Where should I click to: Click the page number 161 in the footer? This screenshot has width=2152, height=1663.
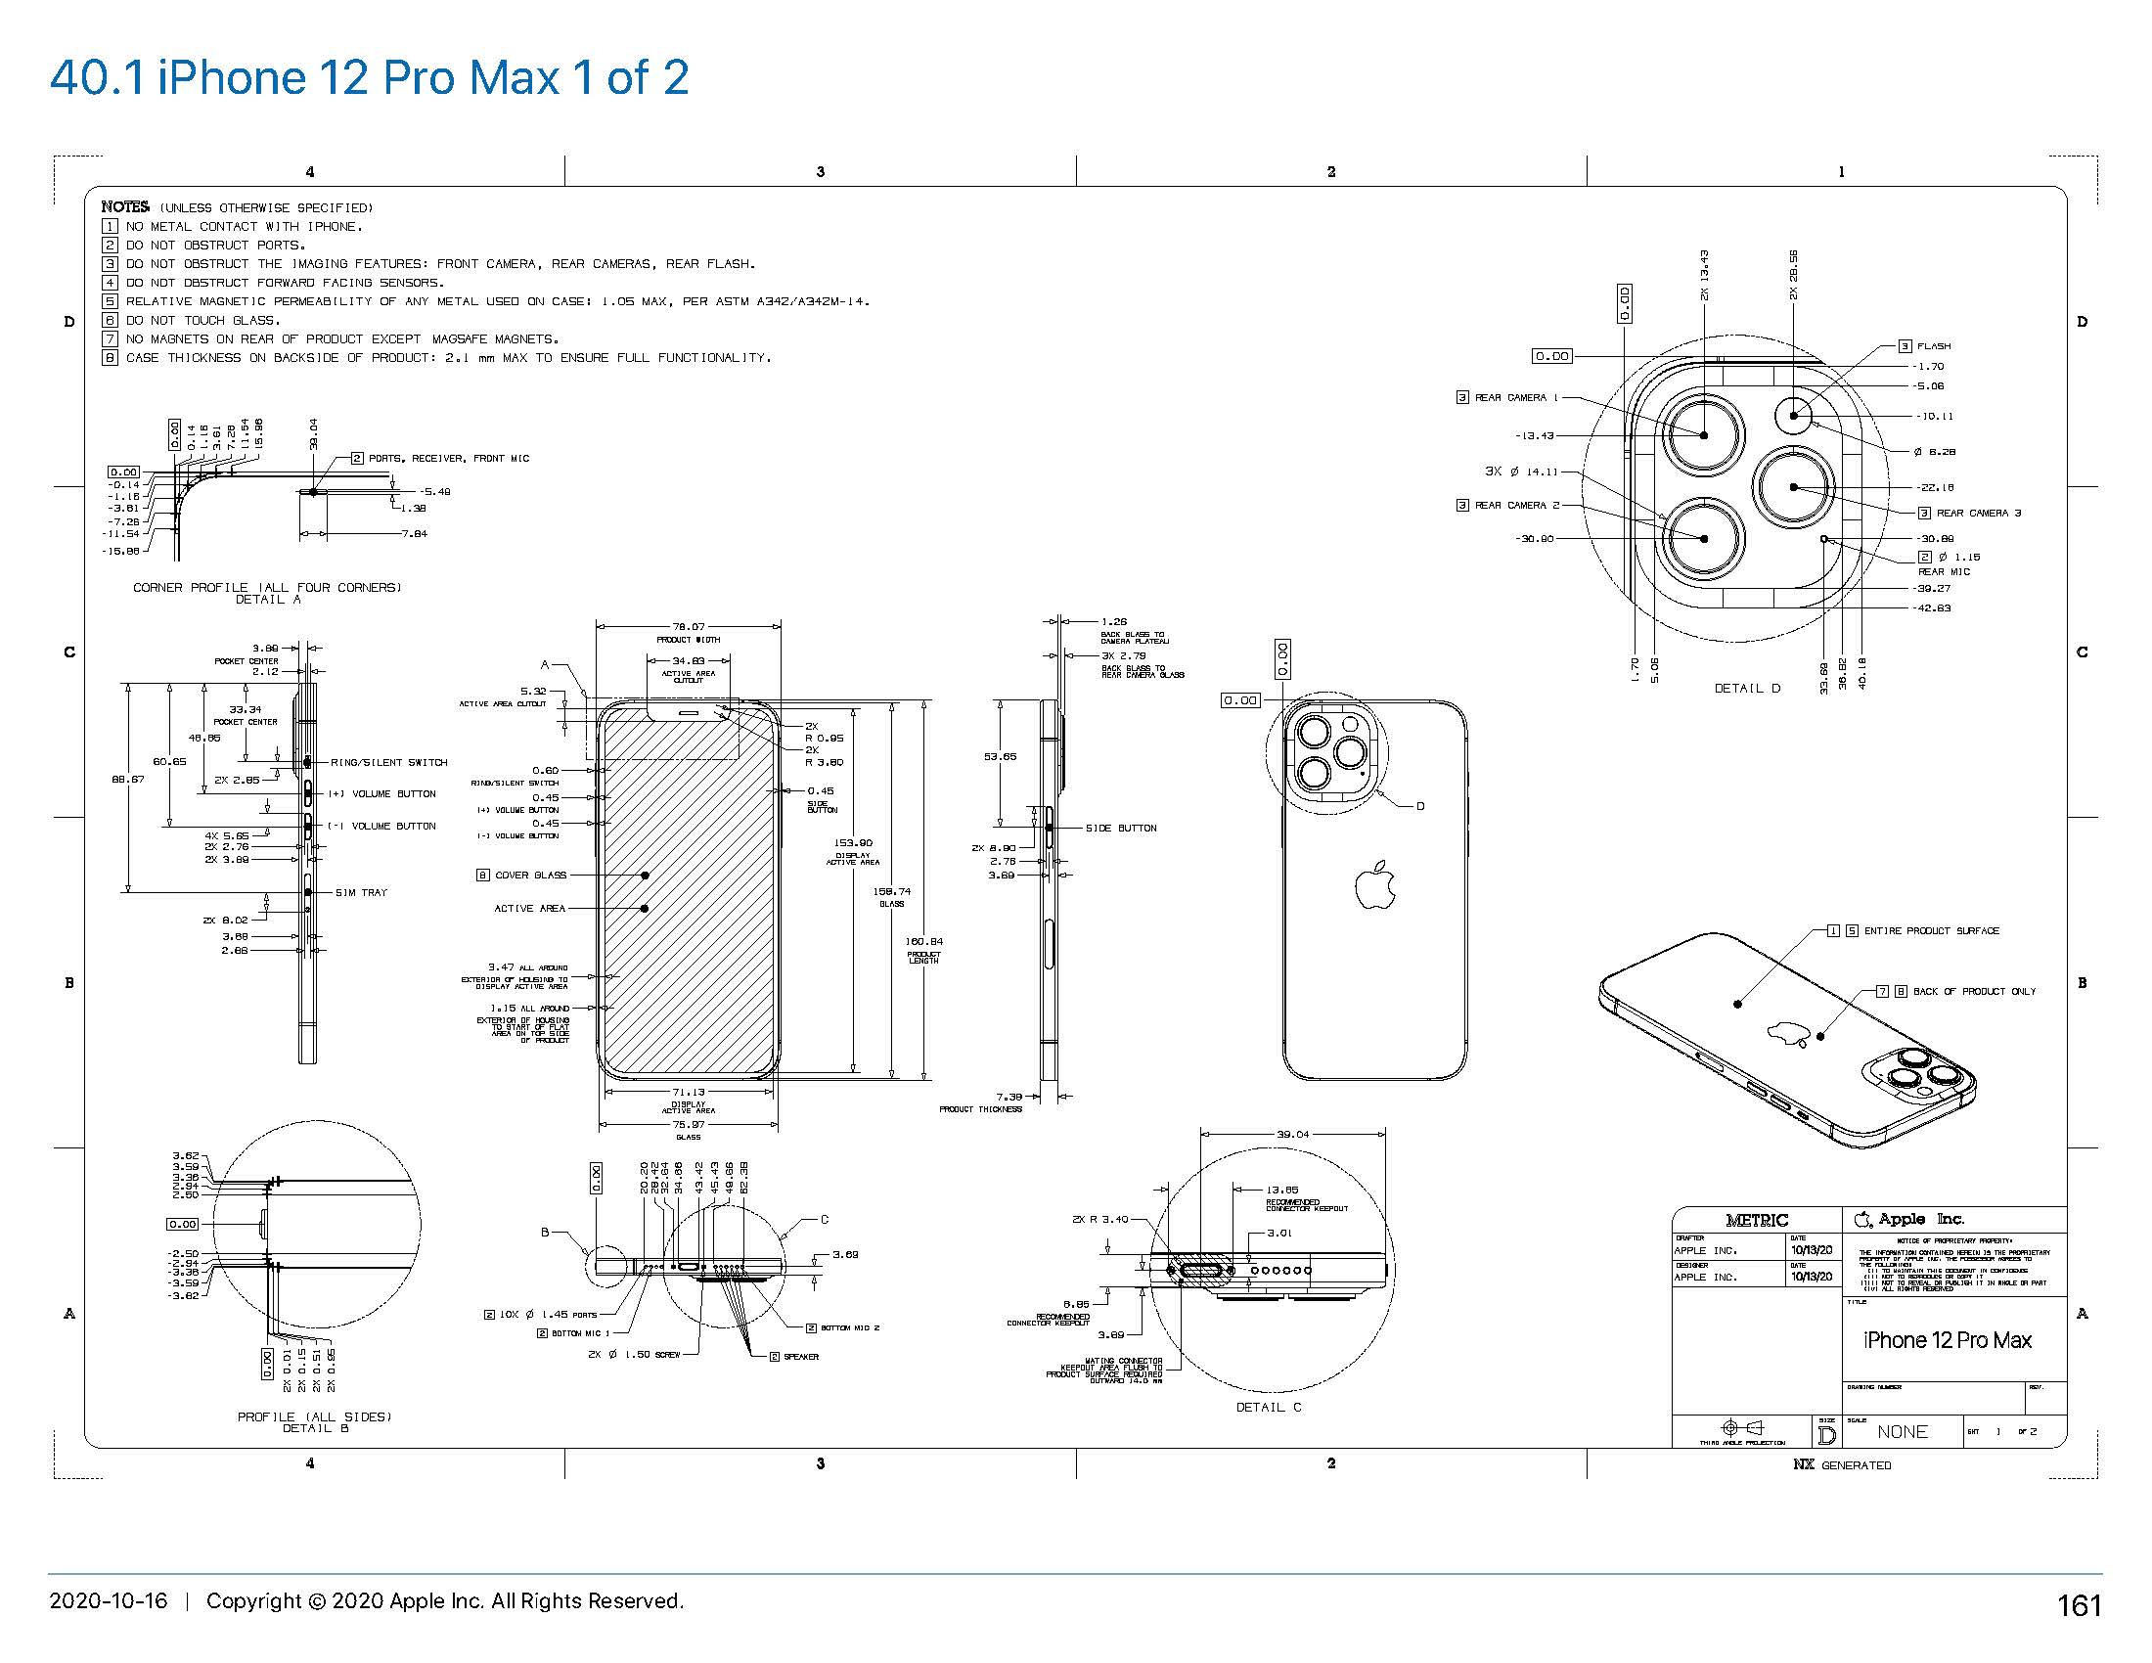click(2078, 1606)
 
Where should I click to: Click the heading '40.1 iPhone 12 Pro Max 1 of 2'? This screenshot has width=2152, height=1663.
click(369, 78)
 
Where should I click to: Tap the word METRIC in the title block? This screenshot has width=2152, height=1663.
click(1756, 1220)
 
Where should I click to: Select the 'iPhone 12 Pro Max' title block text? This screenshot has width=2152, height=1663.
click(1947, 1340)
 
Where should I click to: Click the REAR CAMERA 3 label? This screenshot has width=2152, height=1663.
click(1978, 514)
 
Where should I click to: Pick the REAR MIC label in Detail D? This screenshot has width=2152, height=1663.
click(1943, 571)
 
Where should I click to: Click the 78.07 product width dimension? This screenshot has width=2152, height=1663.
click(689, 627)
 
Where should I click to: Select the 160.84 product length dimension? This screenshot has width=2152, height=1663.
click(923, 942)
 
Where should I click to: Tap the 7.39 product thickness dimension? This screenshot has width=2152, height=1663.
click(1009, 1096)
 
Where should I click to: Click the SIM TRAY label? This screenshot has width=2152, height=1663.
click(361, 892)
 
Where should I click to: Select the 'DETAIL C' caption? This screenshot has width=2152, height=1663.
click(1268, 1407)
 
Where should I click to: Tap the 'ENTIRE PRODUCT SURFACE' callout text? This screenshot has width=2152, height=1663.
click(1931, 931)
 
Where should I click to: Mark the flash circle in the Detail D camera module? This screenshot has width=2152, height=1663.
click(1793, 415)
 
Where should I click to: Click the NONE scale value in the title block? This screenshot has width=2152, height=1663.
click(1902, 1431)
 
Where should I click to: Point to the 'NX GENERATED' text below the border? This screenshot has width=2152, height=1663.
click(1842, 1465)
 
